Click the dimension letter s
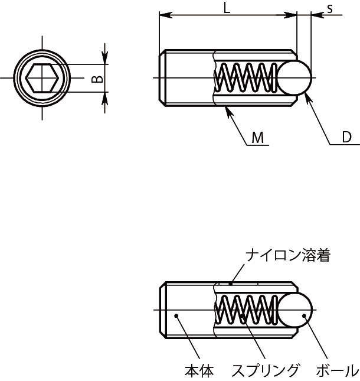330,8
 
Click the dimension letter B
99,78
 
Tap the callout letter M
257,138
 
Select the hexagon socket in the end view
41,78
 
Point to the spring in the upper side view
247,78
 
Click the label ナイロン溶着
288,255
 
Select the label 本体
199,371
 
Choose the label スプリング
265,371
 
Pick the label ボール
337,371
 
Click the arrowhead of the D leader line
306,96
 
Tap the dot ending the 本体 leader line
176,317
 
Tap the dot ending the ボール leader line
304,317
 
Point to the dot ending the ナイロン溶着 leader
231,282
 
